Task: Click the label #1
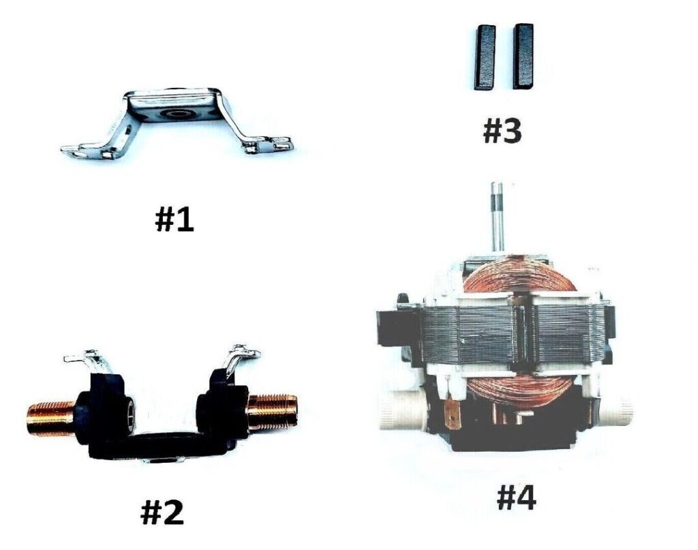point(174,220)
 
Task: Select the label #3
point(502,132)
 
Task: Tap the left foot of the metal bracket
point(87,149)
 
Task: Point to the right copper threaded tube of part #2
point(272,411)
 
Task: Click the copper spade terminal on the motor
point(453,414)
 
